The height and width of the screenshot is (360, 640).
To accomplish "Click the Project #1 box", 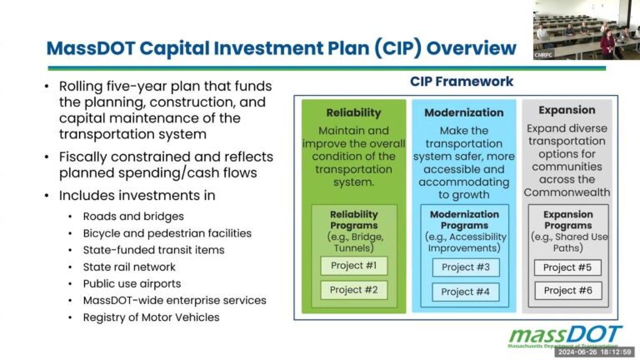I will pyautogui.click(x=353, y=267).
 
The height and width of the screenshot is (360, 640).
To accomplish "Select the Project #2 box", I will pyautogui.click(x=353, y=290).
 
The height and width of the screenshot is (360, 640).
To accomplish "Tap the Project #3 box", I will pyautogui.click(x=464, y=267).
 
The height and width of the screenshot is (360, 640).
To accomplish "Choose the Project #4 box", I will pyautogui.click(x=464, y=292).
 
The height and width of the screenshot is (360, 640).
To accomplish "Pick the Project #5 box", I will pyautogui.click(x=567, y=267).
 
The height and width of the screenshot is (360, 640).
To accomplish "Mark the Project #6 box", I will pyautogui.click(x=567, y=291).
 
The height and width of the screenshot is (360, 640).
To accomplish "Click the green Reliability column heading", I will pyautogui.click(x=353, y=112).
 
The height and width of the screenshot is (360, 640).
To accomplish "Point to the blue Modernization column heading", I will pyautogui.click(x=464, y=112).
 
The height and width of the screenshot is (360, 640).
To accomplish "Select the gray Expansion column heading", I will pyautogui.click(x=567, y=110).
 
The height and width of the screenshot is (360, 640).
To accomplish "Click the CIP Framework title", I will pyautogui.click(x=462, y=82).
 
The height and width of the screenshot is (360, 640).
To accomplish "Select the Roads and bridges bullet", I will pyautogui.click(x=122, y=216).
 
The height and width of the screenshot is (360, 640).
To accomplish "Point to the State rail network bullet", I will pyautogui.click(x=128, y=267).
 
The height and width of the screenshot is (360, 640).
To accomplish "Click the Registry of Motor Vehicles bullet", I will pyautogui.click(x=151, y=317).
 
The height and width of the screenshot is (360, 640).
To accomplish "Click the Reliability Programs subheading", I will pyautogui.click(x=353, y=220).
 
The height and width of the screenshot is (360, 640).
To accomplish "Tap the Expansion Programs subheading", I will pyautogui.click(x=567, y=220).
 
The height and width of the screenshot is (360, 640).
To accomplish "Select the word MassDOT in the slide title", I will pyautogui.click(x=87, y=48).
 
